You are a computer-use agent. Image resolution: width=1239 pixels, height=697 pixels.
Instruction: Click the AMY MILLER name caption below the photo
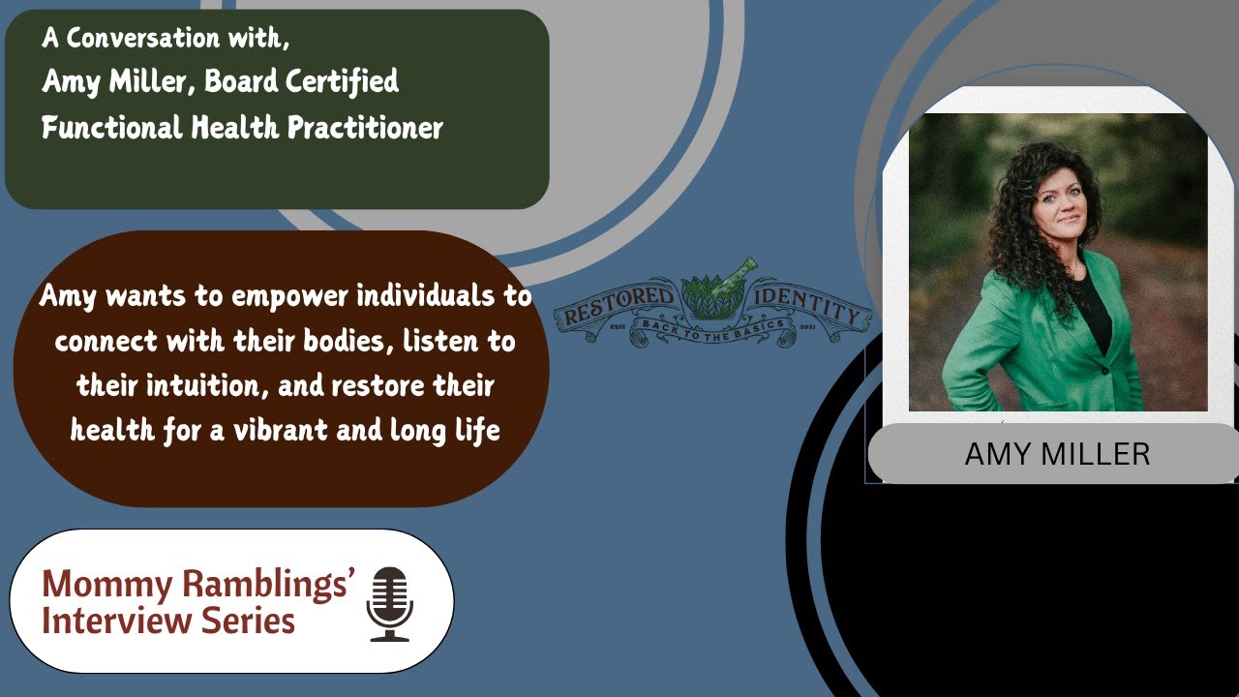tap(1057, 454)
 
